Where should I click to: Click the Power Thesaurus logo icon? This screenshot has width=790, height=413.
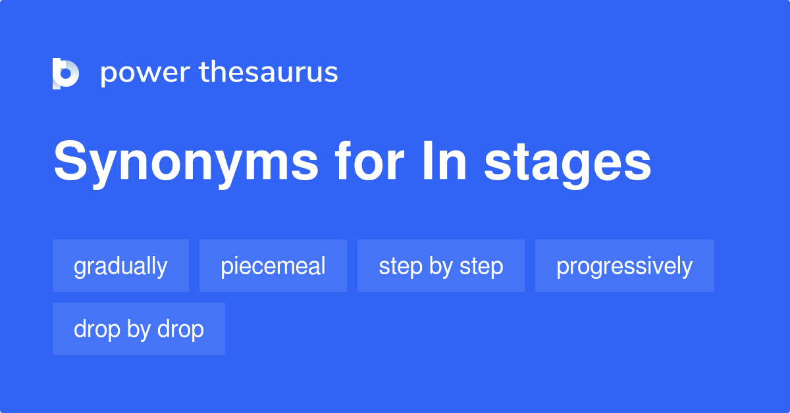66,73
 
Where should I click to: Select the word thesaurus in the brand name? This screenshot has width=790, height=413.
269,72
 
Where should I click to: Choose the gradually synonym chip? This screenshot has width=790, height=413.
120,266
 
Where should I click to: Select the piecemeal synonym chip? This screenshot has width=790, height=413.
273,266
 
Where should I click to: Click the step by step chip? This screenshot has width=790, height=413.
441,266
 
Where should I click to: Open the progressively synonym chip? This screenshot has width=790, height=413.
624,266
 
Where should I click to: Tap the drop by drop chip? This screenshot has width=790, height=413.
139,329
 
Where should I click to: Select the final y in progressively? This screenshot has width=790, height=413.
687,268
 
